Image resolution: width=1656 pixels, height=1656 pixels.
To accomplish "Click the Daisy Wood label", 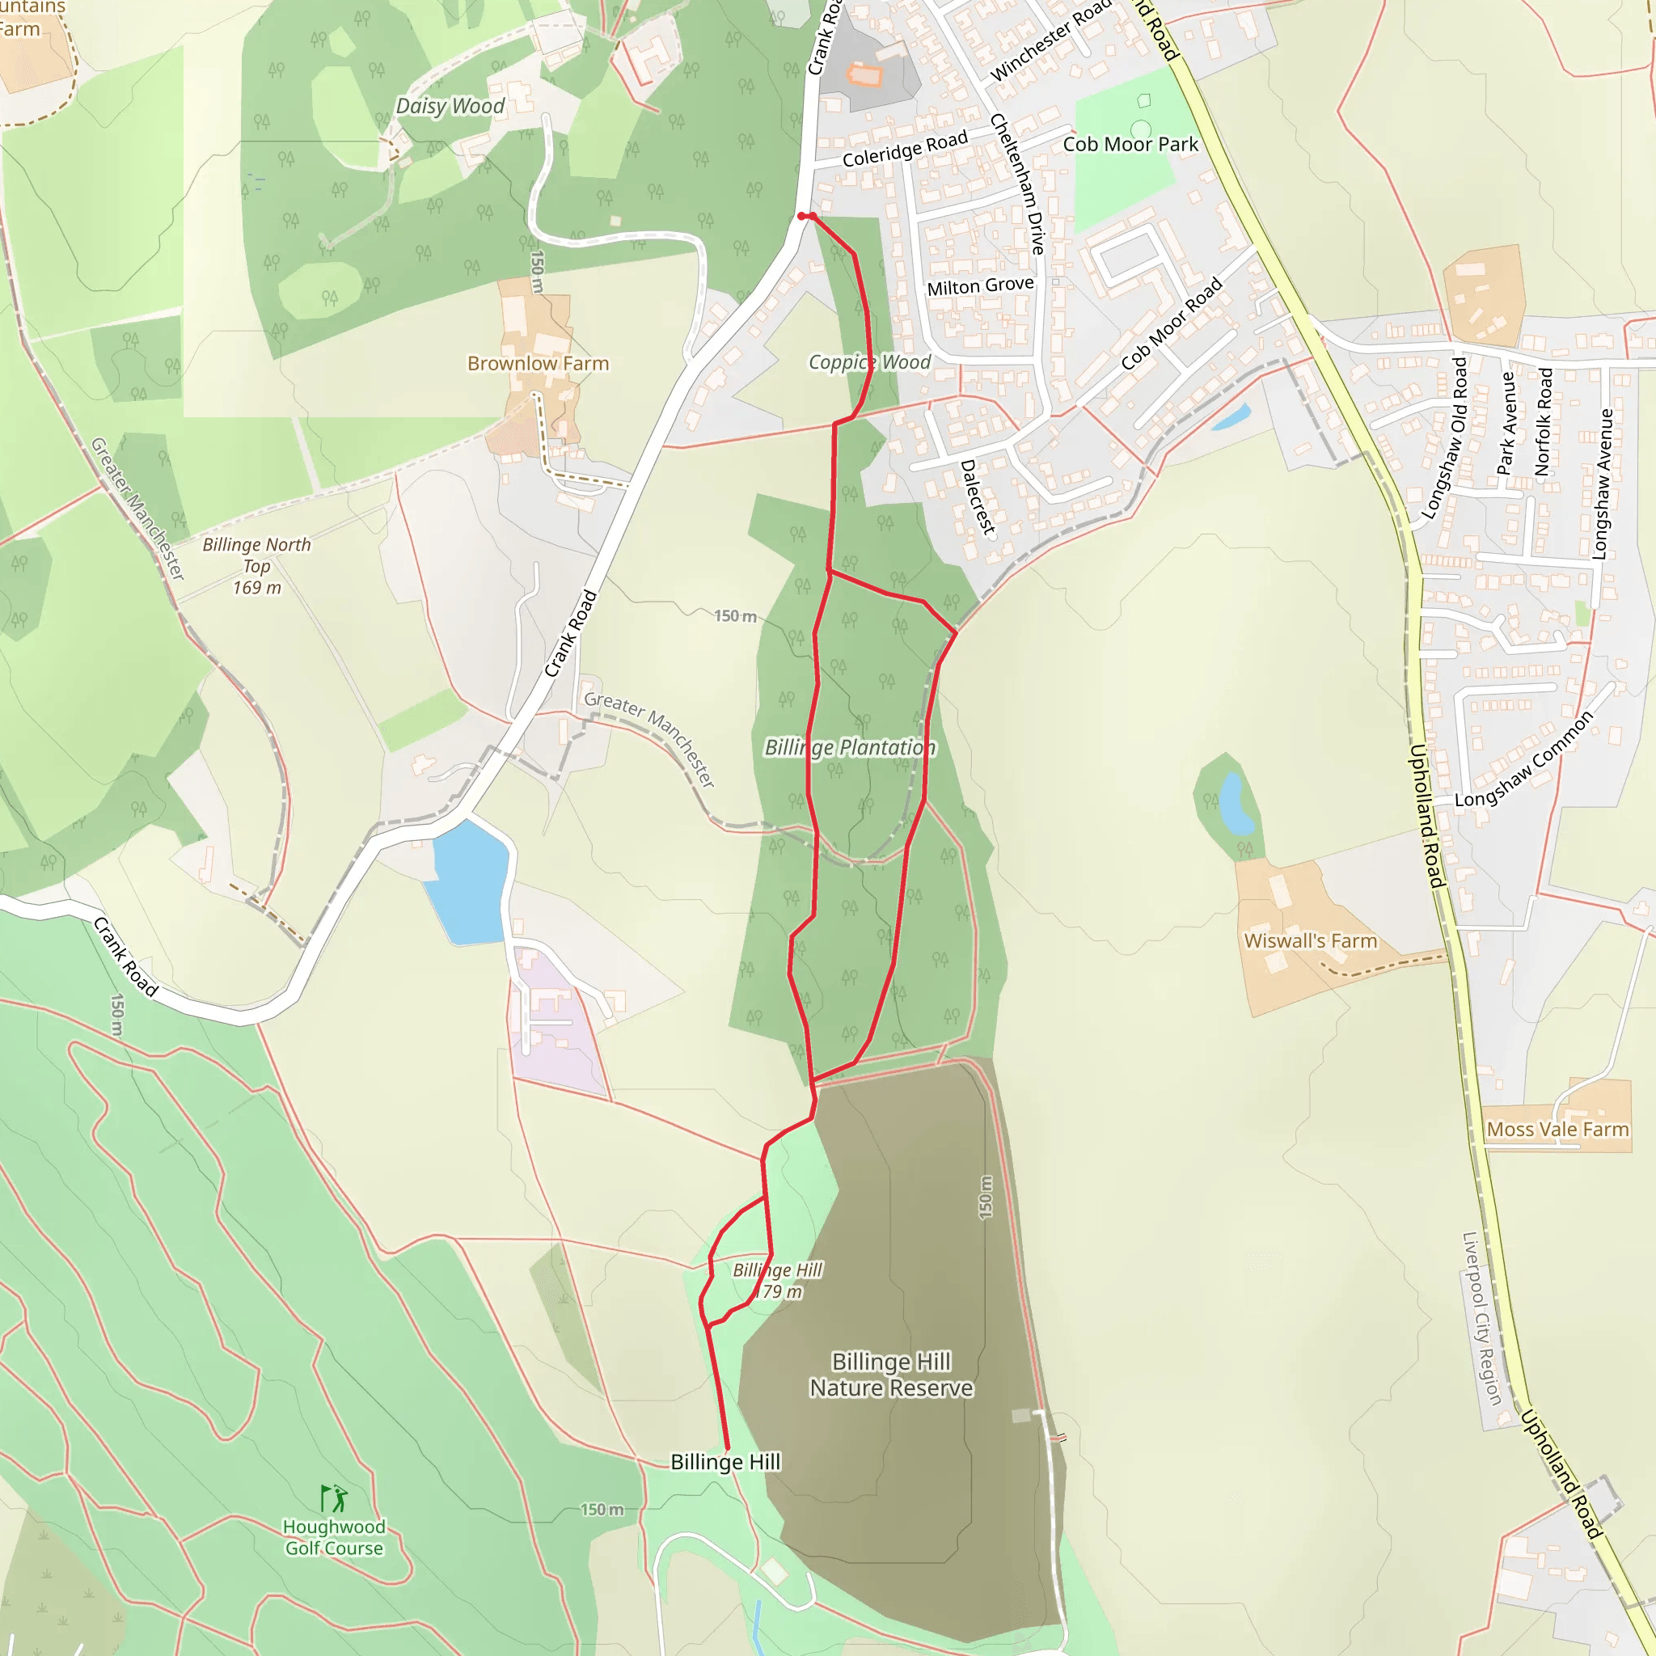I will point(450,106).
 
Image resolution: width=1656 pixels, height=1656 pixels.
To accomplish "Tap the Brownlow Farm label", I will point(538,363).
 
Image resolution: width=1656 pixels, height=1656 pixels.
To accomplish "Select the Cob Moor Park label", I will point(1130,144).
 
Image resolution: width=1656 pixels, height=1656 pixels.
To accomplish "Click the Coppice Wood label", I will point(869,361).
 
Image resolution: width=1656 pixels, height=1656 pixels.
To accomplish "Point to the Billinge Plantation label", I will point(850,747).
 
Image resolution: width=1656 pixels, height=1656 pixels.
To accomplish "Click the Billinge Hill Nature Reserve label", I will point(890,1374).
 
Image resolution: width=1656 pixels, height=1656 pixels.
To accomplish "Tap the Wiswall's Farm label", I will point(1310,940).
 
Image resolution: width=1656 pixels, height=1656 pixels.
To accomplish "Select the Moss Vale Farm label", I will point(1557,1129).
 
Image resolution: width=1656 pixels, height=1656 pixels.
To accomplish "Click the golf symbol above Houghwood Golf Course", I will point(333,1498).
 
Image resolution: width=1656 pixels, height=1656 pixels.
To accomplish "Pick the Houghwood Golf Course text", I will point(334,1537).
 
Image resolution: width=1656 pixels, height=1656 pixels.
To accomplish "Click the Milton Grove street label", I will point(980,285).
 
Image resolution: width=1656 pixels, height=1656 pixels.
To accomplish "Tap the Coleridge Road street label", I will point(904,149).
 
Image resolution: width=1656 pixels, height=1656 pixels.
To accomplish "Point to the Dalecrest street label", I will point(977,497).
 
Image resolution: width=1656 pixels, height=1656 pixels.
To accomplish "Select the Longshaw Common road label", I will point(1523,759).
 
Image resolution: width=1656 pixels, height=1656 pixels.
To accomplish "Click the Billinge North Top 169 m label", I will point(256,566).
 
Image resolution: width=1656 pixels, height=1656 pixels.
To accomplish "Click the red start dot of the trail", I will point(801,216).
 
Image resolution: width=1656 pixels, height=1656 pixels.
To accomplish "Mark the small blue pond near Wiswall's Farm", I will point(1236,803).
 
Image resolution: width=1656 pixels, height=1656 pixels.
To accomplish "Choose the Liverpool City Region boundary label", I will point(1481,1319).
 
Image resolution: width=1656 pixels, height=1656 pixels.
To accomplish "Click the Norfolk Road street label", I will point(1543,422).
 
